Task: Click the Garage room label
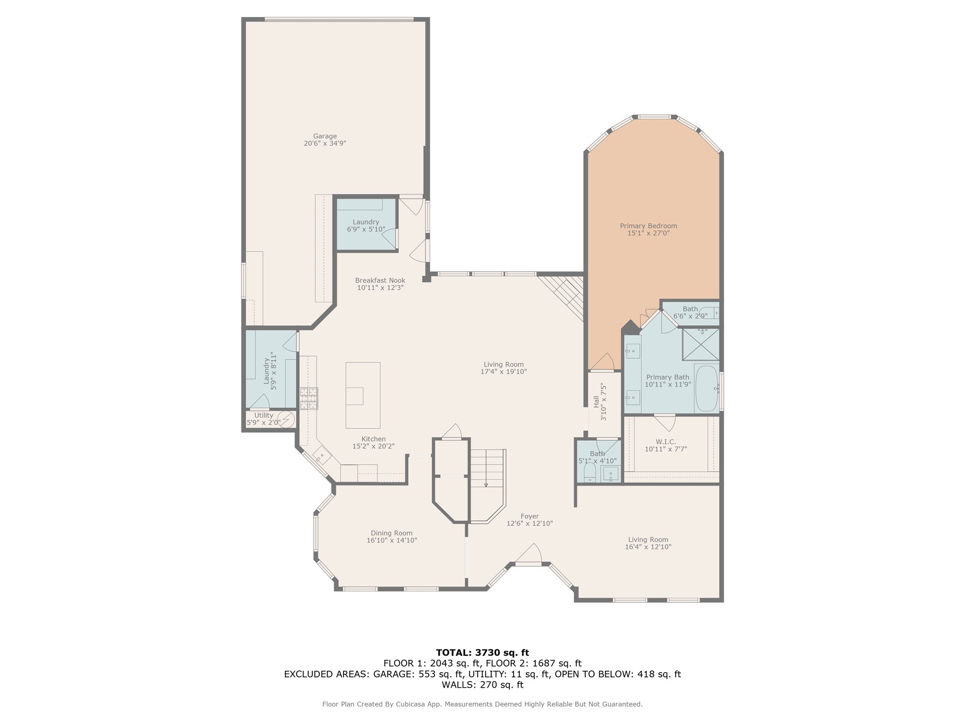[x=325, y=140]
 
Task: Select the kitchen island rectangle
[x=363, y=395]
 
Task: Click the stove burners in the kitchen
[x=309, y=398]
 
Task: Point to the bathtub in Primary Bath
[x=707, y=388]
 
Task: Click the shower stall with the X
[x=701, y=345]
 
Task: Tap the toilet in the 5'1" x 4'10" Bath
[x=589, y=472]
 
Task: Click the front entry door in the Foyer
[x=528, y=556]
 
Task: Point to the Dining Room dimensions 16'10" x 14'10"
[x=392, y=540]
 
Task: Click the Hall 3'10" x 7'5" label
[x=599, y=402]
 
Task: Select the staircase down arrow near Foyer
[x=486, y=484]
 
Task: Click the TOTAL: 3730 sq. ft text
[x=482, y=652]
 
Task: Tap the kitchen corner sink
[x=321, y=455]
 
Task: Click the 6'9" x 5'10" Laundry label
[x=366, y=226]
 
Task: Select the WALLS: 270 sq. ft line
[x=482, y=684]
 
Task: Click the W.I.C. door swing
[x=664, y=422]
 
